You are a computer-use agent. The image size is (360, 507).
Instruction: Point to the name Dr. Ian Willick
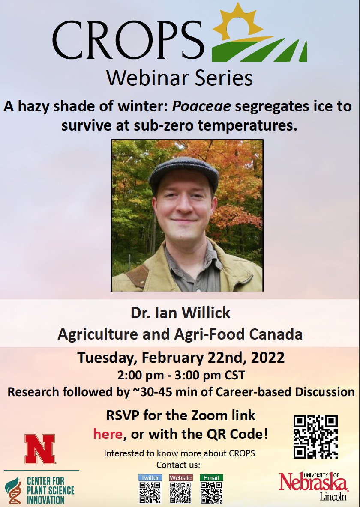[x=180, y=313]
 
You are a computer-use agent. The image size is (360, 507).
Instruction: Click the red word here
[x=108, y=435]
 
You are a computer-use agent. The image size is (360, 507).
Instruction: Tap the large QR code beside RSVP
[x=316, y=436]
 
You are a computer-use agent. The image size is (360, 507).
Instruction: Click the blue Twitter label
[x=150, y=477]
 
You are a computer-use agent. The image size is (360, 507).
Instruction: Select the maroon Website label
[x=180, y=477]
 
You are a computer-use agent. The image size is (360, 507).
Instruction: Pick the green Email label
[x=211, y=477]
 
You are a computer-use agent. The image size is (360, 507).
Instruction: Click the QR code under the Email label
[x=211, y=492]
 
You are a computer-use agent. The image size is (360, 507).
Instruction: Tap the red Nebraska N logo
[x=40, y=449]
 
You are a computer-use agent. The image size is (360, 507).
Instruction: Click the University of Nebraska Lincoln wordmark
[x=314, y=486]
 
